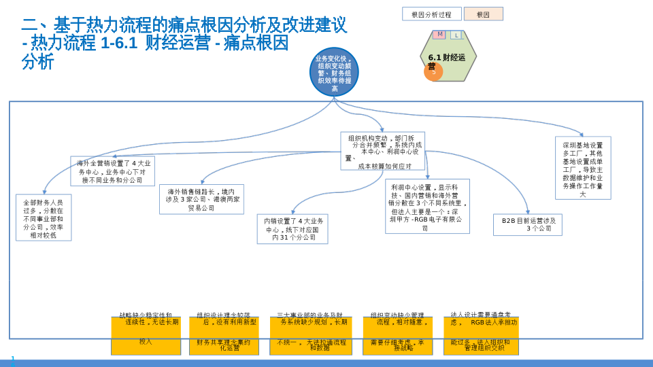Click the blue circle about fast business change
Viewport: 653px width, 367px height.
pos(334,71)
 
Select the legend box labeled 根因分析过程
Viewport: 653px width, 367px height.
pos(431,14)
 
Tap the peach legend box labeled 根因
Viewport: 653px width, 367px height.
pos(484,14)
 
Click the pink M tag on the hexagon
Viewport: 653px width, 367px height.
pos(439,35)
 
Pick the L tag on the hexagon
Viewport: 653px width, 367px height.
pos(456,35)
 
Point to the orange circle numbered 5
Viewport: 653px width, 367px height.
pos(433,71)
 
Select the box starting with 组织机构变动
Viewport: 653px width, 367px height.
pos(382,151)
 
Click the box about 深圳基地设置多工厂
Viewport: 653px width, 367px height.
pos(583,168)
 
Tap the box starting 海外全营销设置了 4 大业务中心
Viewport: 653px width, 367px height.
pos(113,171)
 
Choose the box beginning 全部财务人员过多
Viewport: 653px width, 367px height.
pos(44,217)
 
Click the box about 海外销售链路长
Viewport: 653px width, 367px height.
pos(201,199)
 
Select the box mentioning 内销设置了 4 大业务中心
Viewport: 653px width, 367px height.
pos(293,229)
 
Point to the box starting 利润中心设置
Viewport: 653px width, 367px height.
pos(427,206)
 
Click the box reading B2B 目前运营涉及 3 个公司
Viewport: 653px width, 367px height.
pos(528,225)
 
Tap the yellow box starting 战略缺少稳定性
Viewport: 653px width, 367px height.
pos(146,336)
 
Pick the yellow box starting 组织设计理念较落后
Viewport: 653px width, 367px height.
pos(224,336)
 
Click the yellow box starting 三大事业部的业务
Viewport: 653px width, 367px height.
pos(311,336)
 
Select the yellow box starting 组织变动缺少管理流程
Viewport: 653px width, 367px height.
pos(397,336)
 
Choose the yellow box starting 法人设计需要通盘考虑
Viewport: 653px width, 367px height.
pos(481,336)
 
